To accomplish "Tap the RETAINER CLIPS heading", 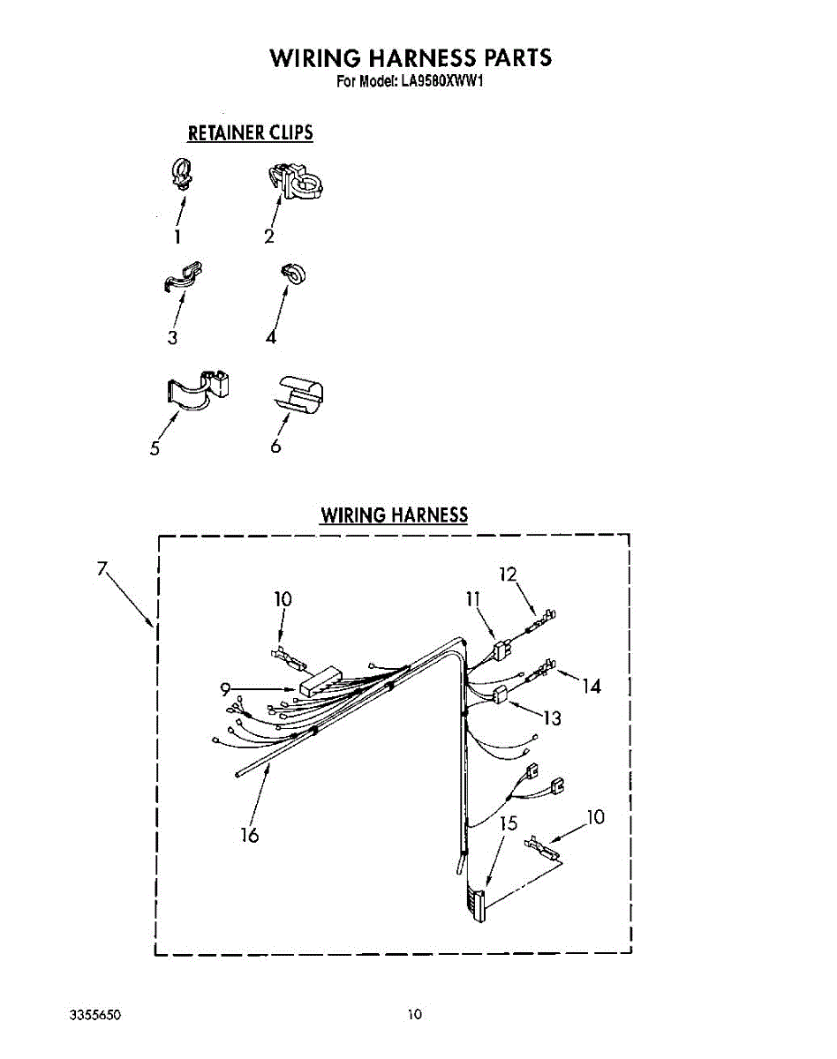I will point(250,133).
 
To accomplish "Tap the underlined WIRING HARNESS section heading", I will point(394,514).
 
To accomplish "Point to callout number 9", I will point(226,689).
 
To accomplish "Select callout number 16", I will point(250,834).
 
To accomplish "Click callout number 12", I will point(508,574).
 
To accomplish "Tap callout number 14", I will point(592,685).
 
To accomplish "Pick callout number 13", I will point(552,718).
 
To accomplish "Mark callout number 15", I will point(508,825).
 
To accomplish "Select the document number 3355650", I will point(94,1016).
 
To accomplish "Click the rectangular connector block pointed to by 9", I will point(323,681).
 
